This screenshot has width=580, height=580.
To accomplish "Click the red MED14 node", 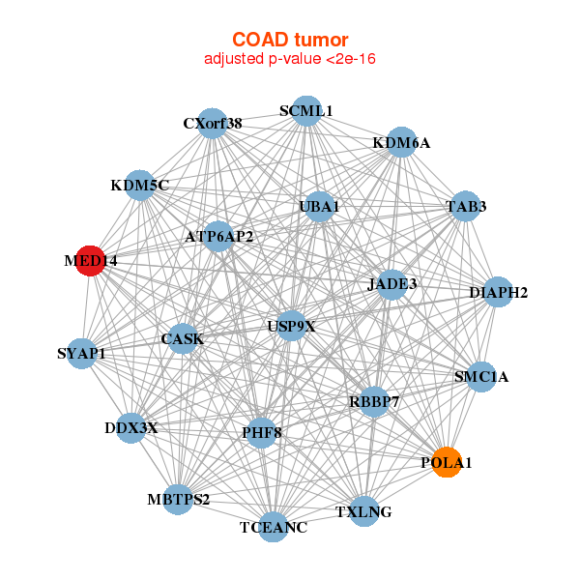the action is [x=90, y=261].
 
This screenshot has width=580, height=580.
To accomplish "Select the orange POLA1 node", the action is [x=447, y=462].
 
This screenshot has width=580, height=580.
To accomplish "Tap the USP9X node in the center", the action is [x=292, y=326].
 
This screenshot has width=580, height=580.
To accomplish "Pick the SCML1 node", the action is [x=306, y=111].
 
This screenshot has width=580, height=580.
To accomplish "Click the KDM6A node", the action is [x=401, y=142].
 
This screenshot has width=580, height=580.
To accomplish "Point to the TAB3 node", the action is [x=466, y=207].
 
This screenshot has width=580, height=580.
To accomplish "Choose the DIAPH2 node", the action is [x=498, y=292].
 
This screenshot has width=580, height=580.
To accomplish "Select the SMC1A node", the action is [x=481, y=377].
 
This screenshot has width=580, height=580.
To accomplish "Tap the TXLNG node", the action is [x=364, y=511].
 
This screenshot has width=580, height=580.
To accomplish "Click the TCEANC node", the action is [x=273, y=527].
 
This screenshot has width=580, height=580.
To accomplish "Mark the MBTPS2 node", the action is [x=178, y=500].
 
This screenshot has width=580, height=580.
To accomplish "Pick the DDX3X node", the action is [x=130, y=428].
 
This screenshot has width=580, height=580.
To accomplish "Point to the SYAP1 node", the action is [x=82, y=354].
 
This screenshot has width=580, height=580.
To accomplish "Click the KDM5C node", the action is [x=140, y=186].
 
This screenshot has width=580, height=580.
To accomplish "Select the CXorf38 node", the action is [x=213, y=124].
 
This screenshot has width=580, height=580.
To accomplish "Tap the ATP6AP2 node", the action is [x=218, y=237].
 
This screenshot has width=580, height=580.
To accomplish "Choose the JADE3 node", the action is [x=392, y=284].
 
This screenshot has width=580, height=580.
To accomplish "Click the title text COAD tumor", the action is [x=290, y=40].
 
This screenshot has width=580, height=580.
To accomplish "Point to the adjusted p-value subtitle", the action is [x=290, y=59].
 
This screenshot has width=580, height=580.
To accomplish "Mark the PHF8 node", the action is [x=262, y=433].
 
